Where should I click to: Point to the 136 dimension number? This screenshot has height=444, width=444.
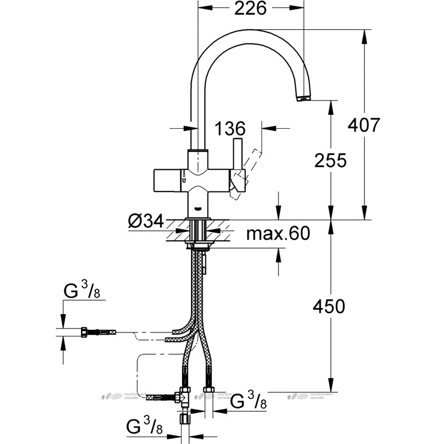click(x=230, y=129)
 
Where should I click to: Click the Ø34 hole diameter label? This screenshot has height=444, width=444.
click(x=146, y=222)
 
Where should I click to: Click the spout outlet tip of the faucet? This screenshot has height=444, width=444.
click(x=304, y=99)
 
